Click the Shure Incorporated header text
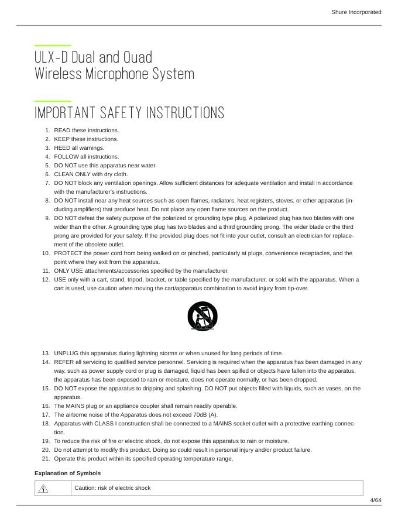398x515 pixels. click(356, 12)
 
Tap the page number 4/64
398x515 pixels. click(375, 500)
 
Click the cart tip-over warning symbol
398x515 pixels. click(203, 317)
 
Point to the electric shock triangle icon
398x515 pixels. click(43, 488)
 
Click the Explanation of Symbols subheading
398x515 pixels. click(67, 473)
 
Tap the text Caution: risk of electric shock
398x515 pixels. click(112, 488)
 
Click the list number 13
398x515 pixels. click(46, 353)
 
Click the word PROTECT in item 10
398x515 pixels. click(68, 253)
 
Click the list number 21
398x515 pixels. click(46, 459)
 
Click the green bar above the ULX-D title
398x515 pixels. click(53, 45)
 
